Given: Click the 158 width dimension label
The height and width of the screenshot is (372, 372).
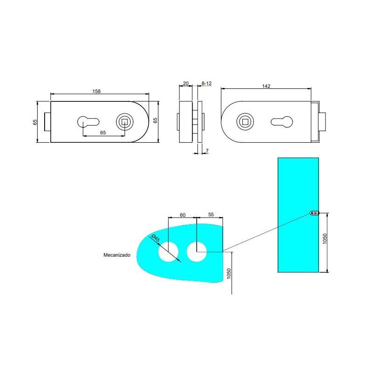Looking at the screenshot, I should pyautogui.click(x=97, y=91).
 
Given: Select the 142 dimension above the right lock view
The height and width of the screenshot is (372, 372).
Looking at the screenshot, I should pyautogui.click(x=266, y=86).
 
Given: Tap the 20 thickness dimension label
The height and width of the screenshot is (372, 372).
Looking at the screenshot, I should pyautogui.click(x=186, y=83).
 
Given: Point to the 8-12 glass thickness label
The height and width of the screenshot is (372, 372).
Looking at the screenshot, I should pyautogui.click(x=206, y=83).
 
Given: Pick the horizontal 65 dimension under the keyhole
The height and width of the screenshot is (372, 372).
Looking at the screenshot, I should pyautogui.click(x=103, y=133).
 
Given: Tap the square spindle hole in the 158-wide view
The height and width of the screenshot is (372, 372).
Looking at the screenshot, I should pyautogui.click(x=125, y=121).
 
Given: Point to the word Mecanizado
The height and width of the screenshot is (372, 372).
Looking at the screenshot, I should pyautogui.click(x=117, y=255).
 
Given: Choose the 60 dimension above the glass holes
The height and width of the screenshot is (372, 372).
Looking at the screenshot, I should pyautogui.click(x=182, y=215).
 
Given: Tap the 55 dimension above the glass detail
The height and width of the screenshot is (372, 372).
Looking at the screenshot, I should pyautogui.click(x=211, y=215).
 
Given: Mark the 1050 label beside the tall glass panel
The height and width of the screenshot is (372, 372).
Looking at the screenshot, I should pyautogui.click(x=325, y=238).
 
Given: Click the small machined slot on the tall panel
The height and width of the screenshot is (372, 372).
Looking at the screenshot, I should pyautogui.click(x=315, y=213).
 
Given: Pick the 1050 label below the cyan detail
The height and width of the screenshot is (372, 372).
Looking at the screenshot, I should pyautogui.click(x=228, y=273).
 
